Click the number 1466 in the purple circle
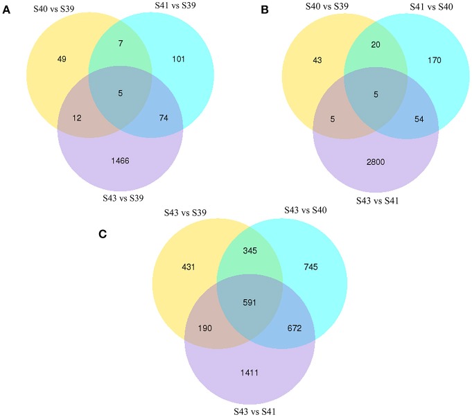click(121, 160)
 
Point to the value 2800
click(375, 160)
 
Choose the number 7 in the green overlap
click(121, 44)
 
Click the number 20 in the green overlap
click(375, 44)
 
